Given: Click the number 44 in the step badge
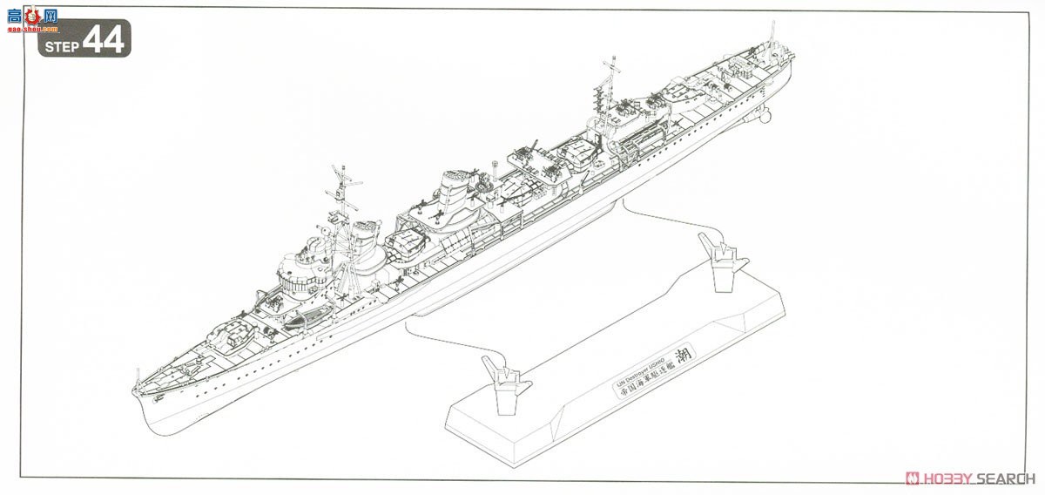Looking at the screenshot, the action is [103, 39].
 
